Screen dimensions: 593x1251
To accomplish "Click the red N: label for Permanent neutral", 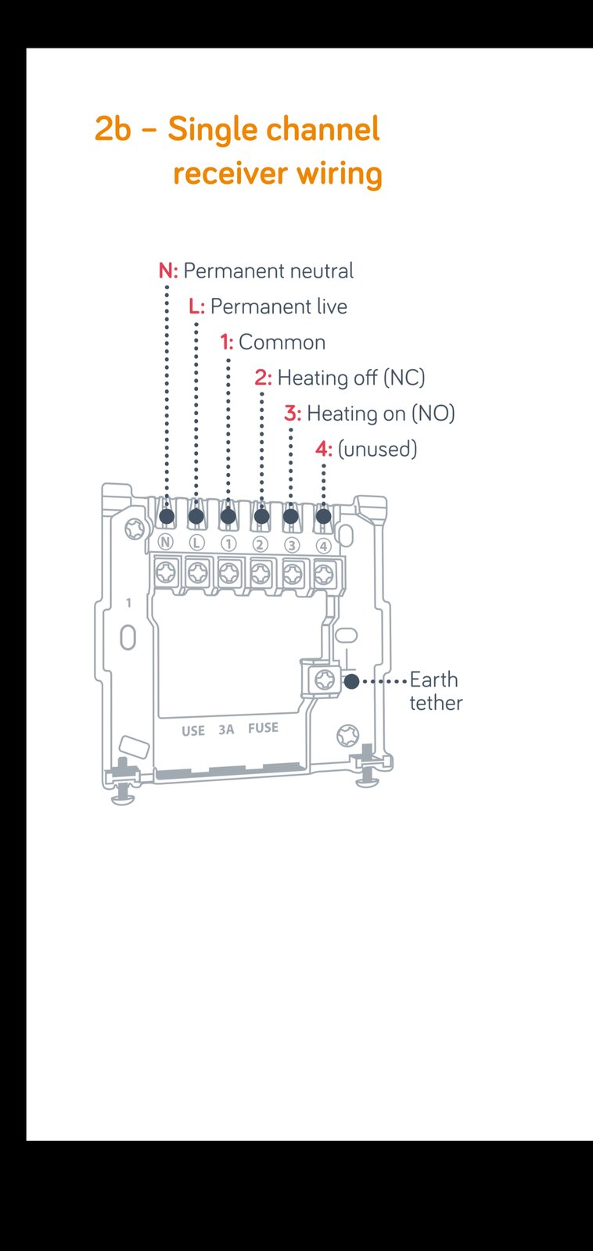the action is [168, 271].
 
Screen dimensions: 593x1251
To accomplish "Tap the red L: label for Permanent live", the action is [196, 306].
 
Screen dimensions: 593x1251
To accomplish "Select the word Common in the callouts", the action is [282, 342].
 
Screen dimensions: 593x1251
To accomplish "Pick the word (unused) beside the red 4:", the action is [377, 449].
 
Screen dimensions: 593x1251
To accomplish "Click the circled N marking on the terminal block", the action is [165, 542].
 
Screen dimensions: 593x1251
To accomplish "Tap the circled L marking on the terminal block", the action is [196, 543].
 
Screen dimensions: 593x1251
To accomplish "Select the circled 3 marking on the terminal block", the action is [291, 544].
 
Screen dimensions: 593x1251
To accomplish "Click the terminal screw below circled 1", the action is [229, 572].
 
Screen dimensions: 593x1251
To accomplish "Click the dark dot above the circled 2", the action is [261, 516].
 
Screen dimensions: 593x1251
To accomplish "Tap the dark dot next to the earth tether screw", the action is [351, 681].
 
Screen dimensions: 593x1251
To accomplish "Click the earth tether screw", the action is [325, 679].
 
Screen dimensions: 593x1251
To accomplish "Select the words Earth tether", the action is [436, 691].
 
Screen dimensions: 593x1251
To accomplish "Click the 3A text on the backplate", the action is [226, 729].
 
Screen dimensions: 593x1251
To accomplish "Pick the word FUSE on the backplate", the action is [263, 728].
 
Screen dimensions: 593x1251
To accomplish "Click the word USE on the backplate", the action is [193, 730].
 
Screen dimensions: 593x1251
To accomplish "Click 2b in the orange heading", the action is [113, 129].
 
